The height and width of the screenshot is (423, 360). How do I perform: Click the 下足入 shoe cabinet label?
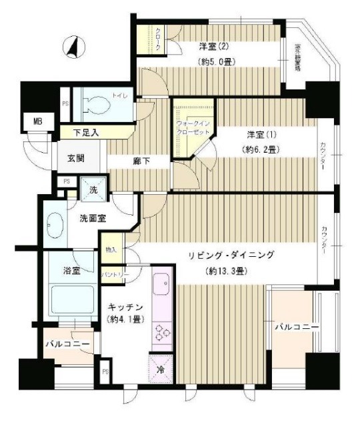86,133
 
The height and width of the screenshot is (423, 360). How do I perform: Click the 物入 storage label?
111,250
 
